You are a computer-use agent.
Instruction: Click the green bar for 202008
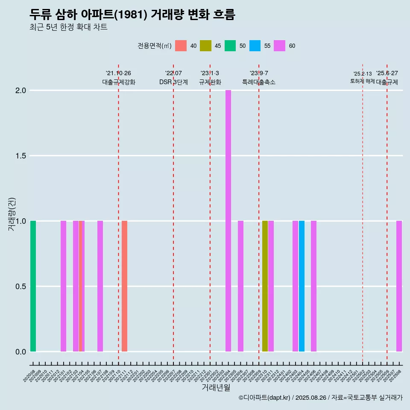click(x=33, y=286)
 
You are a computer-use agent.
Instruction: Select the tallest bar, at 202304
click(x=228, y=221)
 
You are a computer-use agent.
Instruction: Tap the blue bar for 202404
click(x=302, y=286)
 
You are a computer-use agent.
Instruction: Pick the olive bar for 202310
click(x=265, y=286)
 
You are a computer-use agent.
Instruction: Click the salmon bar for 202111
click(x=124, y=286)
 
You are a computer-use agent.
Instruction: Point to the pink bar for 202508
click(x=399, y=286)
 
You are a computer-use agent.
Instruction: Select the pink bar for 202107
click(x=100, y=286)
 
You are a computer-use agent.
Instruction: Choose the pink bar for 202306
click(x=240, y=286)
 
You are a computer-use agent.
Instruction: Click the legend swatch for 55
click(x=255, y=46)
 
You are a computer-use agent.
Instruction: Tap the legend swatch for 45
click(x=205, y=46)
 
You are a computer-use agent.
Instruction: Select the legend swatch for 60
click(x=279, y=46)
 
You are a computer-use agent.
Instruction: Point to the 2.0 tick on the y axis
click(x=21, y=91)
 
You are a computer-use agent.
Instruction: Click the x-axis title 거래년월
click(x=216, y=387)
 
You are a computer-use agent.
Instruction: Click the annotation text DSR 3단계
click(x=173, y=82)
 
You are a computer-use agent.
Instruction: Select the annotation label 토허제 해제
click(x=362, y=81)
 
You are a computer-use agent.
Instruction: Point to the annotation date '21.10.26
click(x=118, y=73)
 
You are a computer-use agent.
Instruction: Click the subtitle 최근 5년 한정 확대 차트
click(x=68, y=27)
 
